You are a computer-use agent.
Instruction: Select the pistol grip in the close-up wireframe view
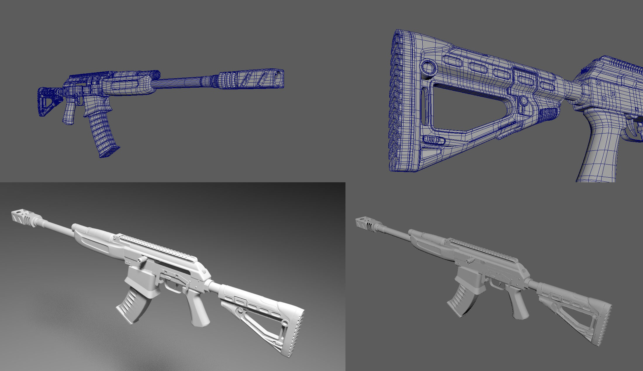(x=599, y=146)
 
